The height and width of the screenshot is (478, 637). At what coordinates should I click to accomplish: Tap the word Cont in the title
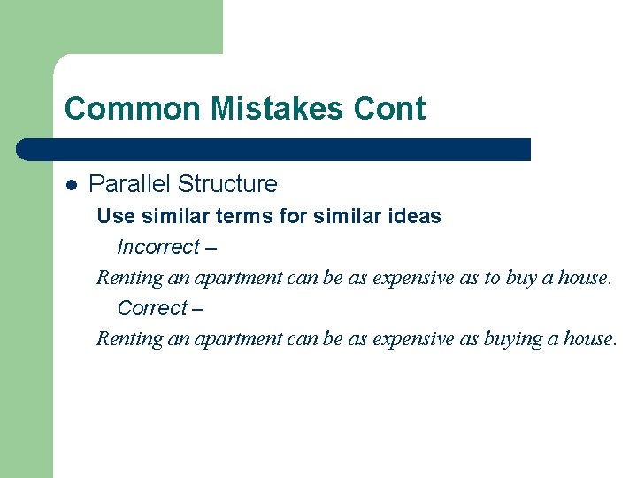pos(390,109)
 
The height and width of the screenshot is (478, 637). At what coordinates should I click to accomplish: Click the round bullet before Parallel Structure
pos(72,185)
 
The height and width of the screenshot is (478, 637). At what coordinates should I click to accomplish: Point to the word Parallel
pos(129,184)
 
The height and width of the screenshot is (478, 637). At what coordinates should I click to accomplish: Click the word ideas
pos(414,216)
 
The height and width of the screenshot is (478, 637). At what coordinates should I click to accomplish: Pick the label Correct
pos(152,308)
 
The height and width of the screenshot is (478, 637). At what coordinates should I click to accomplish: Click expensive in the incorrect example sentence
pos(412,278)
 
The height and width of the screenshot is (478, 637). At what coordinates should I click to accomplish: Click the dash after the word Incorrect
pos(211,248)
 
